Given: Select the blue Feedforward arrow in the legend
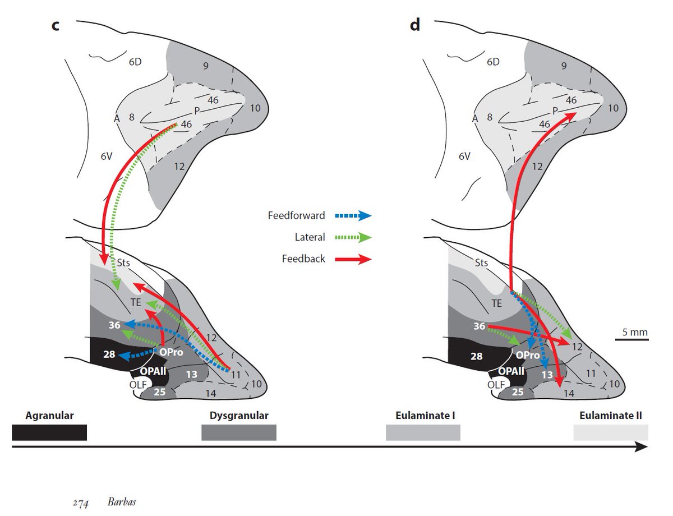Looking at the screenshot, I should (x=353, y=215).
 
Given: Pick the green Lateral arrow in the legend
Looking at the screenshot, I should (x=353, y=237).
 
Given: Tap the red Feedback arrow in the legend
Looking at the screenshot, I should (x=353, y=259).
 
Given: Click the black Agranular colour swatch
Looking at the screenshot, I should (x=49, y=432).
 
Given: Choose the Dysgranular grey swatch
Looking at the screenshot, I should (x=239, y=432).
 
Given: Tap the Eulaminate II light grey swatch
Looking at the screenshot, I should (x=610, y=432).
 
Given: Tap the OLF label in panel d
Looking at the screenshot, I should (x=495, y=385).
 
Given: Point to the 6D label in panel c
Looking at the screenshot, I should (x=134, y=62).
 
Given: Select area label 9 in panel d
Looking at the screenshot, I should (x=564, y=66).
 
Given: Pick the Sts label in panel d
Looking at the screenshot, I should (x=481, y=262).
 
